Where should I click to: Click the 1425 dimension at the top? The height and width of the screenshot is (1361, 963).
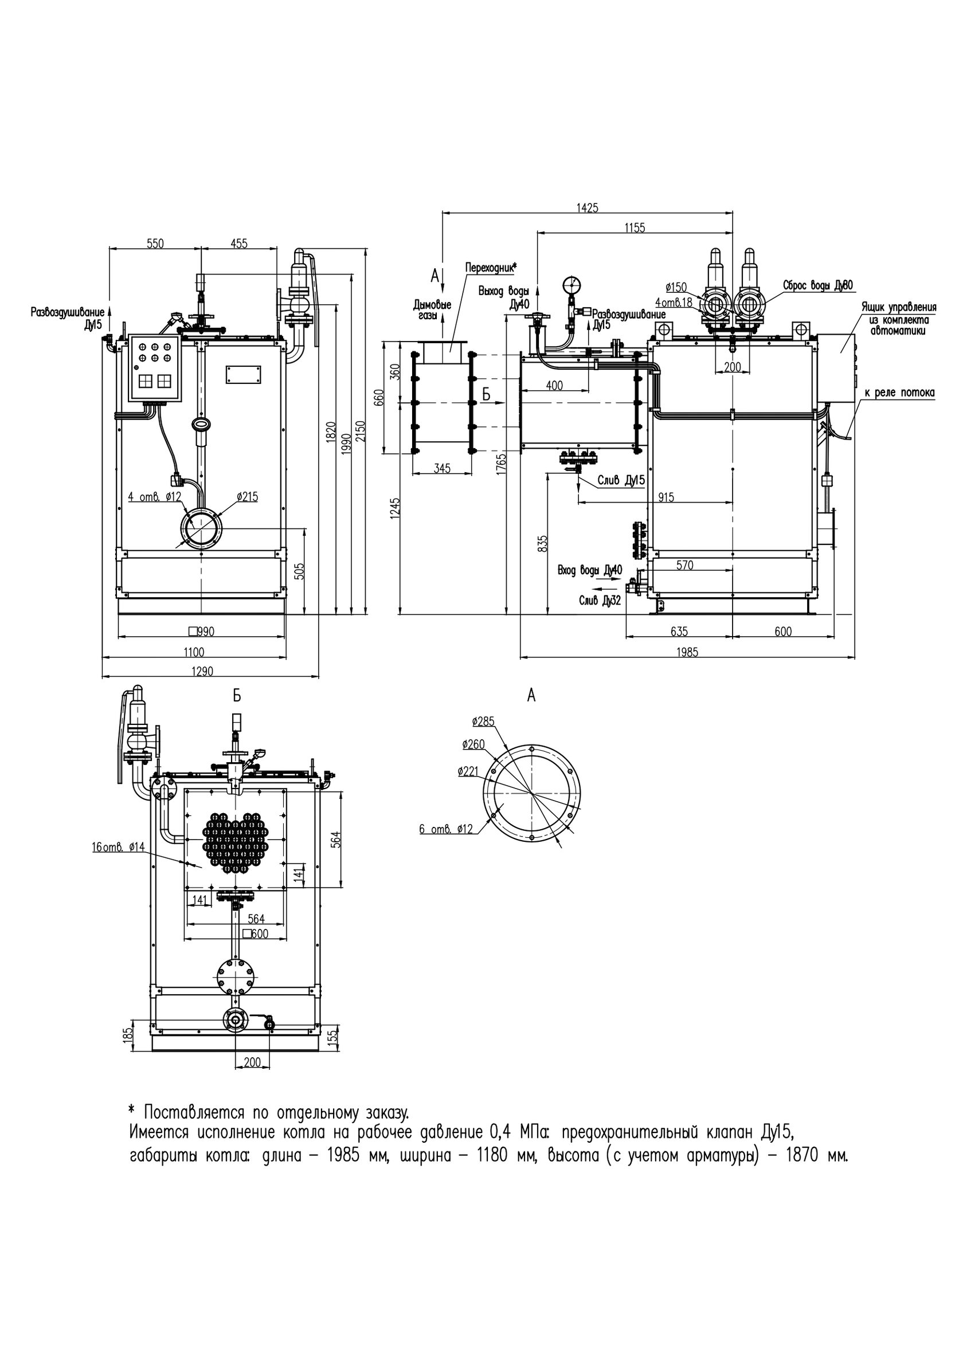pos(587,207)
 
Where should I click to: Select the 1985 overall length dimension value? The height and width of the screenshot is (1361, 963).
pos(687,652)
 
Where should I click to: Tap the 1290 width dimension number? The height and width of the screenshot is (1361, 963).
pos(202,672)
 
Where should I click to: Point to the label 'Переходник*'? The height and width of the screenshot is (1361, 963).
pos(491,266)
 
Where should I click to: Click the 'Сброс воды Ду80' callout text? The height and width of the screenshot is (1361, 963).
pos(819,285)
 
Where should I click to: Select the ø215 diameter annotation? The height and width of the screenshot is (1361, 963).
pos(247,497)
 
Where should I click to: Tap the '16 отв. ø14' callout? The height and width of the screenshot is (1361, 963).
pos(118,847)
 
